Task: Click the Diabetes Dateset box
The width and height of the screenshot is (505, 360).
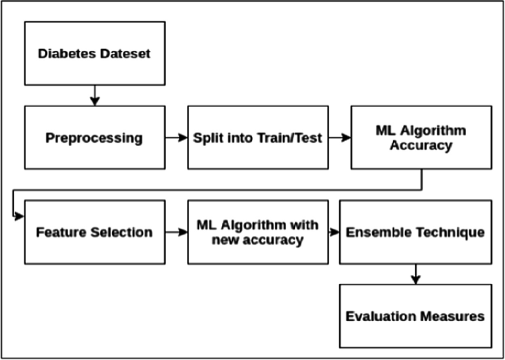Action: (x=94, y=53)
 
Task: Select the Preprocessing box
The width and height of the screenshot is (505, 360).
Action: (x=94, y=137)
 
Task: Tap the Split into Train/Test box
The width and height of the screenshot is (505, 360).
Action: (x=257, y=137)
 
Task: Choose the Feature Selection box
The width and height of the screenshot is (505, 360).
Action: (x=94, y=232)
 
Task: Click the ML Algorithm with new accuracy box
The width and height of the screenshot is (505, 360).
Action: (x=257, y=232)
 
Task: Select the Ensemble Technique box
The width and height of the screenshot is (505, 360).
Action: (x=415, y=232)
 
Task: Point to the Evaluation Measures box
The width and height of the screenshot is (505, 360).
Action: (x=415, y=316)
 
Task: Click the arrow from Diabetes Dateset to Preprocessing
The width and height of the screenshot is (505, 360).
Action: (x=94, y=94)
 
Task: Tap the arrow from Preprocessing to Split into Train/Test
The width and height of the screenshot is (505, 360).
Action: (x=176, y=137)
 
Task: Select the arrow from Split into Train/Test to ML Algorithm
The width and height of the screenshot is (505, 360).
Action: (x=339, y=137)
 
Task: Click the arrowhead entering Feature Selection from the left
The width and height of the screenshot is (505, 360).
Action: (x=20, y=216)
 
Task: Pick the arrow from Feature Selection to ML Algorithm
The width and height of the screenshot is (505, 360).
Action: (x=176, y=232)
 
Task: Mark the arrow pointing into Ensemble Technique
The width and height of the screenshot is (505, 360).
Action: (x=333, y=232)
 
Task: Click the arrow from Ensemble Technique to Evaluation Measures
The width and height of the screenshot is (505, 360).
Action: (x=415, y=274)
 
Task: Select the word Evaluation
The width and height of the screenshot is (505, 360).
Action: (x=381, y=316)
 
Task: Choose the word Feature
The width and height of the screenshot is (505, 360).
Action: (x=60, y=232)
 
